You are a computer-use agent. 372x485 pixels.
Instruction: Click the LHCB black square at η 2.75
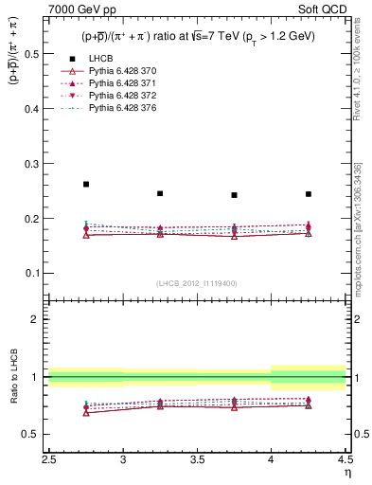tap(86, 184)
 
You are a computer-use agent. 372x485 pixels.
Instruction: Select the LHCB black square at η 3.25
tap(160, 193)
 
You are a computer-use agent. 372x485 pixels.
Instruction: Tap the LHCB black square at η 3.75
tap(234, 195)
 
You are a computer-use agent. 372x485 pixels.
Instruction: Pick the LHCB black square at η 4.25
tap(308, 194)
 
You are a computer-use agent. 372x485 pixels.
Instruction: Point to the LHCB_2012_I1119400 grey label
tap(197, 282)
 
